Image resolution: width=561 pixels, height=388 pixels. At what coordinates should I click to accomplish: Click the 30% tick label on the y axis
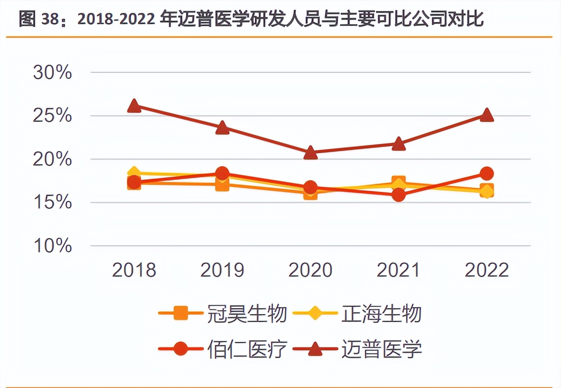[52, 73]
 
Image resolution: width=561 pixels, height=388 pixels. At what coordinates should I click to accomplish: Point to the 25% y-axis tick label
[52, 116]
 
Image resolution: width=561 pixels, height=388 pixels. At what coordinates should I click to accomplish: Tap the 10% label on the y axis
[52, 246]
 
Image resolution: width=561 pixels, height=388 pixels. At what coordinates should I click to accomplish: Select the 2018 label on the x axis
[134, 270]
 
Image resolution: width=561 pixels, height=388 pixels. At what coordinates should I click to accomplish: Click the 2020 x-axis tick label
[310, 270]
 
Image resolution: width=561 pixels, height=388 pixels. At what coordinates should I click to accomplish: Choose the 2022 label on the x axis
[487, 270]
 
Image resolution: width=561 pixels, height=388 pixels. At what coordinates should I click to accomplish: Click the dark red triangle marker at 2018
[134, 106]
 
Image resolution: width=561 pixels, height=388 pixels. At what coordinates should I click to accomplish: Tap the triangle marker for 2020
[310, 153]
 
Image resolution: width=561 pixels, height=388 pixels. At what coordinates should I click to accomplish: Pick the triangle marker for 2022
[487, 115]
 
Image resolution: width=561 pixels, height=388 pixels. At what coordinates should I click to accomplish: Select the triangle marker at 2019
[222, 128]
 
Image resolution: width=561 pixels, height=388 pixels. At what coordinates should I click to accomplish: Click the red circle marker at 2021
[399, 195]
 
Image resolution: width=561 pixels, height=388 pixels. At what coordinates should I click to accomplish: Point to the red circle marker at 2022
[487, 173]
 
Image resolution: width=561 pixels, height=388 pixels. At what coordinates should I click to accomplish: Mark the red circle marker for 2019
[222, 173]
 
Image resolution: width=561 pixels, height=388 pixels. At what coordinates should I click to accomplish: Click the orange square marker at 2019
[222, 184]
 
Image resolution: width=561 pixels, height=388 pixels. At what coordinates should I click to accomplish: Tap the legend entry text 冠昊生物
[247, 314]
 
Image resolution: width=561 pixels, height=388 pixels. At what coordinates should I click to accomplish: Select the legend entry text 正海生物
[381, 314]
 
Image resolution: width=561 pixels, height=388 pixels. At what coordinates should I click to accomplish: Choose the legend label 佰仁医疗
[247, 349]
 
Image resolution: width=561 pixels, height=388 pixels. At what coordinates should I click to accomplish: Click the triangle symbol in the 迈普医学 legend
[315, 349]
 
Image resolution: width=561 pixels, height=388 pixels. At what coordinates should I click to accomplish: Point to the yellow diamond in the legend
[315, 314]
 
